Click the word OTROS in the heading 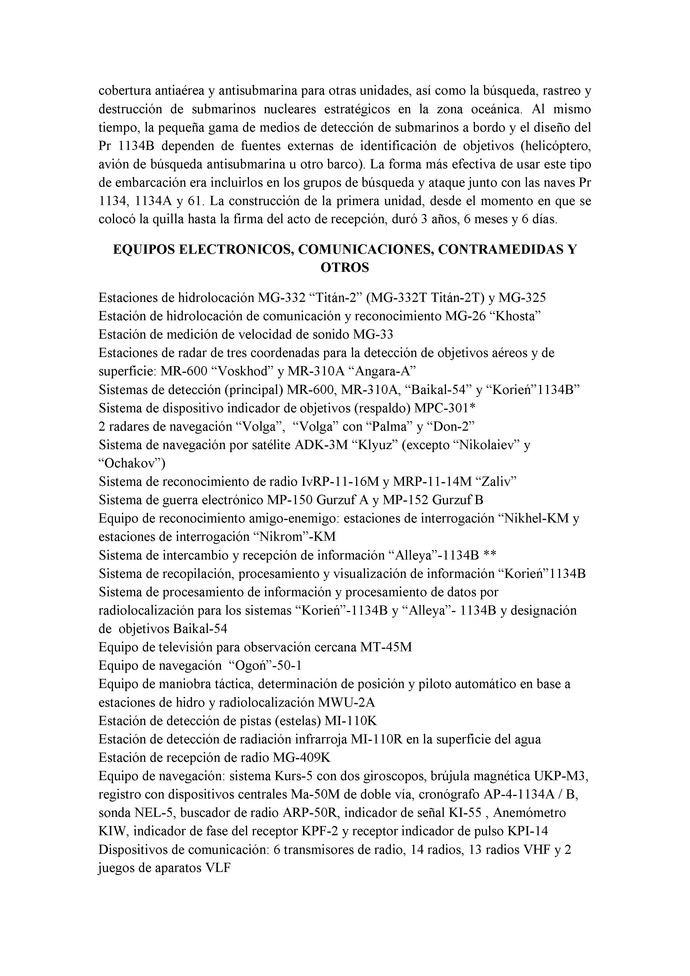pyautogui.click(x=344, y=268)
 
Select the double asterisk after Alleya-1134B pyautogui.click(x=490, y=555)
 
